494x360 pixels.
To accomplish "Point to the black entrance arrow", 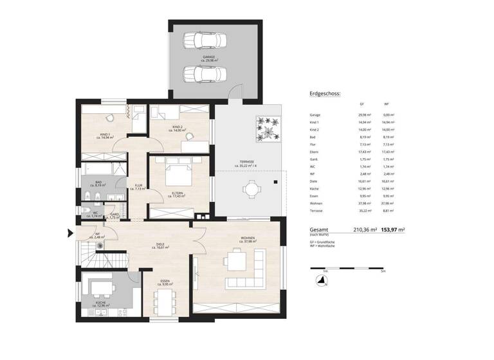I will coord(71,234).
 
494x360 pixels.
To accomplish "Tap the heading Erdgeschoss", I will coord(325,94).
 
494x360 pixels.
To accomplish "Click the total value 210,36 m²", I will coord(366,230).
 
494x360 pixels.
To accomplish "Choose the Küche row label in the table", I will coord(314,189).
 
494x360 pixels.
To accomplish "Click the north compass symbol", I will coord(315,279).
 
